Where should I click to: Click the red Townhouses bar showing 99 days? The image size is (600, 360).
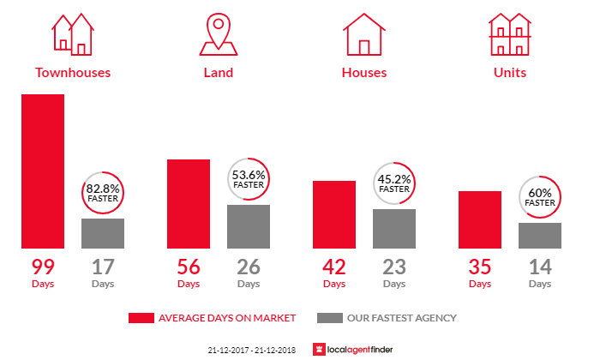[43, 171]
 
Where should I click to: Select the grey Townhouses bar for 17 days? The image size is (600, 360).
[103, 233]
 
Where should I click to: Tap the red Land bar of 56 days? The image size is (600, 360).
[189, 203]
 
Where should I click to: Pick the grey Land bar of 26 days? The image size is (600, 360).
[249, 226]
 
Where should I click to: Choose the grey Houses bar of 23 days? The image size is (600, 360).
[394, 229]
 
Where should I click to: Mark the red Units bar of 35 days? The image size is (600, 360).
[480, 219]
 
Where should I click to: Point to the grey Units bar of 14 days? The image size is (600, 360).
[540, 236]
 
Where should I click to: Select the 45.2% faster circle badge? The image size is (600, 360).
[394, 183]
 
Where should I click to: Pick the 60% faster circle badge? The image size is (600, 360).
[540, 197]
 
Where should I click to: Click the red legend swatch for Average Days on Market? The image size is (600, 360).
[140, 318]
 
